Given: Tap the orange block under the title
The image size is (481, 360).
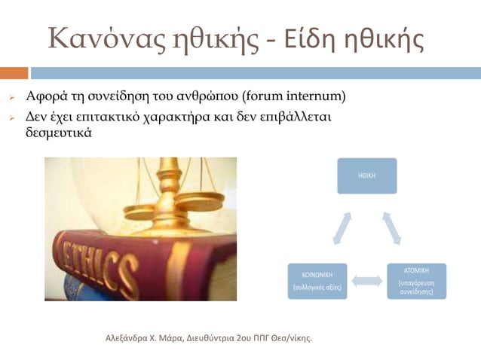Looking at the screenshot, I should coord(14,73).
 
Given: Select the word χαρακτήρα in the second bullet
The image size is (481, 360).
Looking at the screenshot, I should coord(183,117).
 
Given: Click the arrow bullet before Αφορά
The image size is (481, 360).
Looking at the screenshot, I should coord(12,98).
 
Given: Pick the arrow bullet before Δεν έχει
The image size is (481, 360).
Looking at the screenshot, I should coord(12,118).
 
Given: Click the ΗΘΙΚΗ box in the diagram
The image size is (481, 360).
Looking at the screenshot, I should coord(366,175).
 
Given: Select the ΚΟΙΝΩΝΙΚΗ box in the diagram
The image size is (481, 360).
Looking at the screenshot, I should coord(318,280).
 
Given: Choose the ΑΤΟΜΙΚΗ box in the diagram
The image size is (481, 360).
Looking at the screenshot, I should coord(416,280).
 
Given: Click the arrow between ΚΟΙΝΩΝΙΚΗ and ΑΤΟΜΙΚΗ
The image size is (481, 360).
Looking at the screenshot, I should coord(367,281).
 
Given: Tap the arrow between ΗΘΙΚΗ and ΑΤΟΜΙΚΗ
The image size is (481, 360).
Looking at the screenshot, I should coord(392,227).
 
